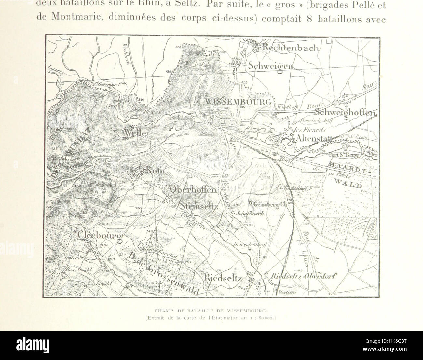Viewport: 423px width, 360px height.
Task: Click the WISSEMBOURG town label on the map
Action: [238, 102]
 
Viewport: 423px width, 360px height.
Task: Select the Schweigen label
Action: [270, 66]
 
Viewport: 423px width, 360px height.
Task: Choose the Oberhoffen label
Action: [193, 190]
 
